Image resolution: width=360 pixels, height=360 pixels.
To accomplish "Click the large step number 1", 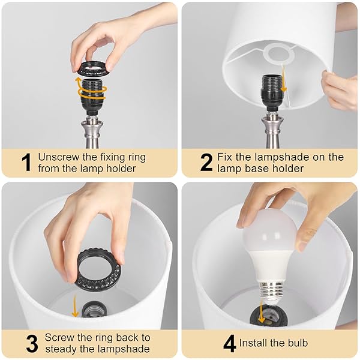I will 26,163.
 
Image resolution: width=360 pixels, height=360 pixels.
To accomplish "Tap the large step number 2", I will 206,163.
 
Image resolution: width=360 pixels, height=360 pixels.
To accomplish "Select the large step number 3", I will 32,343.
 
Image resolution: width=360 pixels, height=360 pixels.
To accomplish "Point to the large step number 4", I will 229,343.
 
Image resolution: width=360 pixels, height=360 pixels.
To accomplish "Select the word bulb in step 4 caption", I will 297,343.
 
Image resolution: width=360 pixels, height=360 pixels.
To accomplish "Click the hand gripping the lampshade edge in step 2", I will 340,89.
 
